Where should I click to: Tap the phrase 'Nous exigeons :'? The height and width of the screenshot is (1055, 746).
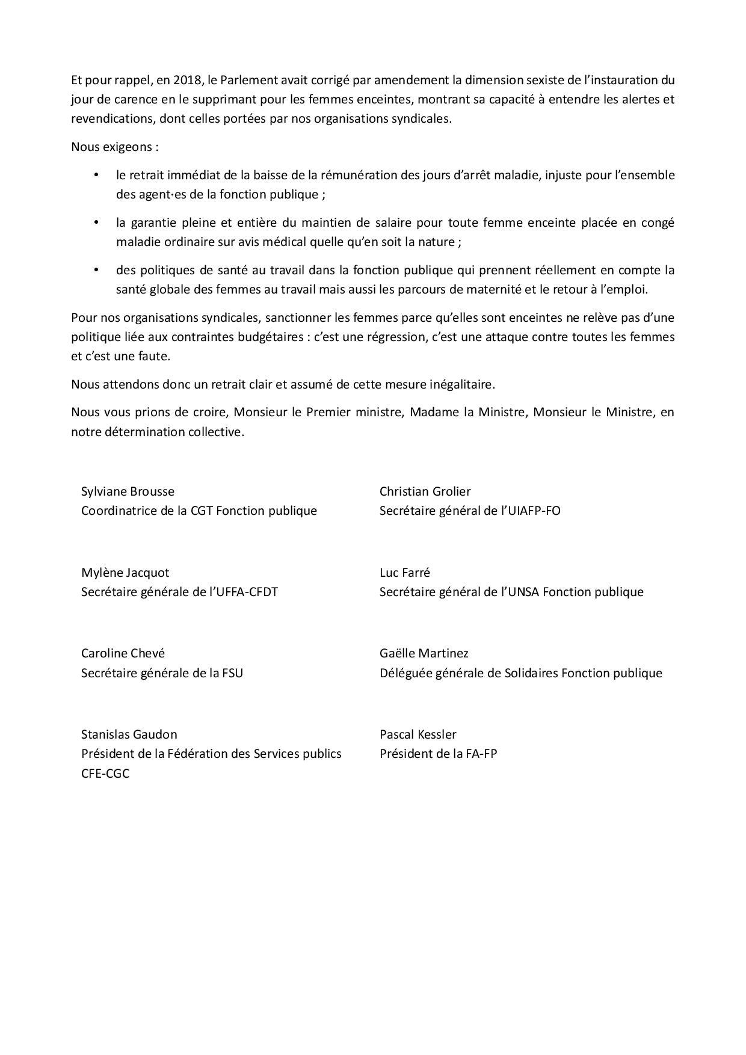(115, 147)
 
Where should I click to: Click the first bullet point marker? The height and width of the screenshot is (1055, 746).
(95, 175)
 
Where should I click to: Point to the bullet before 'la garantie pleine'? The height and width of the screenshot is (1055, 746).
(95, 223)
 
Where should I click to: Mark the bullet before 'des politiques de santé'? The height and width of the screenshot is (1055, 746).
(95, 270)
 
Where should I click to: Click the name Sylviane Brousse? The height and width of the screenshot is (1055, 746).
(128, 491)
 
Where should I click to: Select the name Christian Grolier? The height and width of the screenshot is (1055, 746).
(425, 491)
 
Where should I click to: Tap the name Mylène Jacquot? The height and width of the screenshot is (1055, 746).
(125, 573)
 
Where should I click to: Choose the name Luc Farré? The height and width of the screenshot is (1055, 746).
(405, 573)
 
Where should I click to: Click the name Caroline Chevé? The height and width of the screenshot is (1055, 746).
(123, 653)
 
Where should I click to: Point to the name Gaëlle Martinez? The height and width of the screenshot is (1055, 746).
(424, 653)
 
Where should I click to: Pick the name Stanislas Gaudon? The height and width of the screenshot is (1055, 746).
(129, 734)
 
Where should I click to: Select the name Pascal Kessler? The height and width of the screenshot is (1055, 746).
(418, 734)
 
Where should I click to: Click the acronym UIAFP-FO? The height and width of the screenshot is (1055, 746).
(529, 511)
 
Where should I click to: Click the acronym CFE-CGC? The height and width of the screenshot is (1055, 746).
(105, 774)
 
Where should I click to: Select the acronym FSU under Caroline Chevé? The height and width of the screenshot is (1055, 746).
(232, 673)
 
